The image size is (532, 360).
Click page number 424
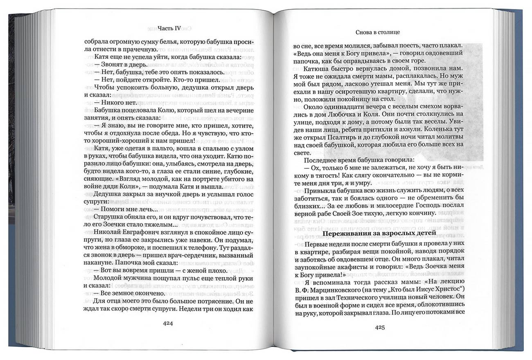pyautogui.click(x=168, y=323)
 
